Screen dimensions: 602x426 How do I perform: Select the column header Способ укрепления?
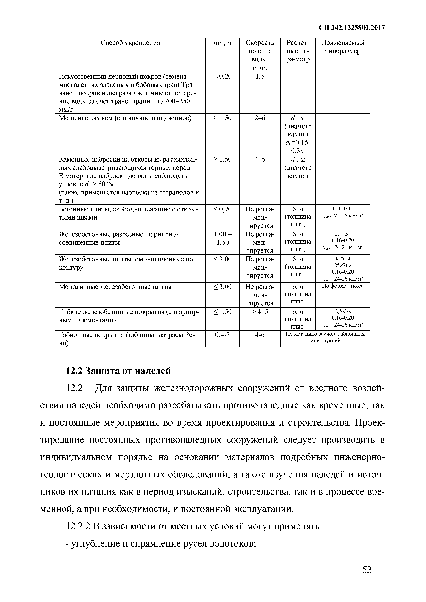(130, 43)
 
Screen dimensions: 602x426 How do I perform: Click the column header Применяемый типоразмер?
(343, 47)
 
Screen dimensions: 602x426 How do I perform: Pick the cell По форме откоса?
(343, 286)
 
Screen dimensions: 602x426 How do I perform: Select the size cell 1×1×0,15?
(343, 209)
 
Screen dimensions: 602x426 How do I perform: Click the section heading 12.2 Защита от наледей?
(118, 371)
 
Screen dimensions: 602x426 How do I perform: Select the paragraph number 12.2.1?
(78, 388)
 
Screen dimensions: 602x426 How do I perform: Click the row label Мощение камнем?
(125, 118)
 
